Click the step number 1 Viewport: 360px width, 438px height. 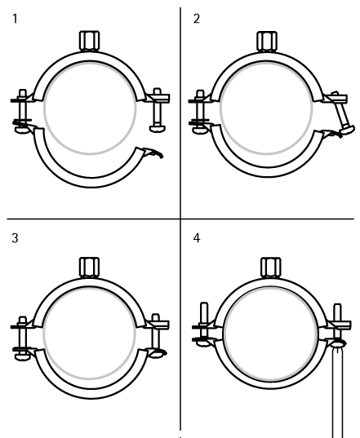coord(15,19)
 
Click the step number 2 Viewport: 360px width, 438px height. coord(197,19)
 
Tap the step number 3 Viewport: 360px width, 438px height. coord(15,238)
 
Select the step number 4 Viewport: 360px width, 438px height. coord(197,238)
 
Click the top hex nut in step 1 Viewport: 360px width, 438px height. coord(90,41)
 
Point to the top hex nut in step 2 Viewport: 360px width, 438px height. coord(267,42)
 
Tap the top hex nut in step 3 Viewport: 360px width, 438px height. coord(90,267)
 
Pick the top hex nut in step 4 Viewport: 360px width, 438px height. coord(271,268)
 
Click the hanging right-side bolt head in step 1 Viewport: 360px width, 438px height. coord(158,129)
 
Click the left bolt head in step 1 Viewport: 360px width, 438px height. coord(22,130)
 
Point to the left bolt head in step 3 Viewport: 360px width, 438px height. coord(22,356)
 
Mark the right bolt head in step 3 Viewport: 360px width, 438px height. coord(158,354)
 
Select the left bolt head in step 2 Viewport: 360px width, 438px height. coord(200,130)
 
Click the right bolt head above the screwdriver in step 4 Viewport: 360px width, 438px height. coord(338,343)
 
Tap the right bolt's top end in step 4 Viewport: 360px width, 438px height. coord(338,310)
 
